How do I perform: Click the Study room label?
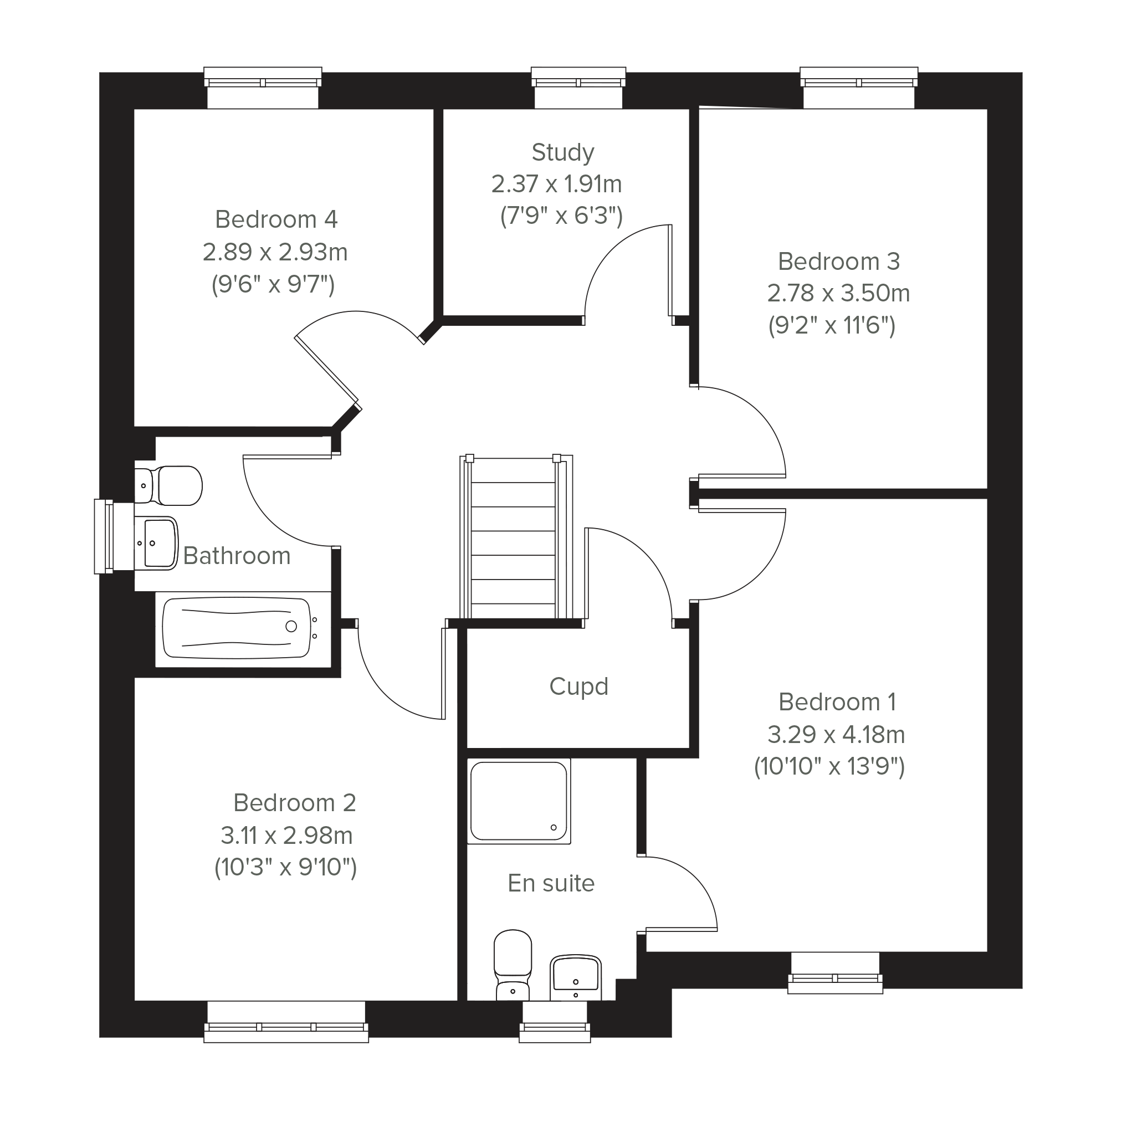coord(563,153)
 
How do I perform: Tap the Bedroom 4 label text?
coord(276,219)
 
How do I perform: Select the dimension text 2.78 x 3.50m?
coord(838,293)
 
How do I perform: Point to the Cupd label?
coord(578,686)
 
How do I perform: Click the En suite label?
coord(551,883)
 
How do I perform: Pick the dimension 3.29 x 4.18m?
coord(836,735)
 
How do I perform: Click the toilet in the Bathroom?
coord(168,485)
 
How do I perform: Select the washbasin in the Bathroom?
coord(156,543)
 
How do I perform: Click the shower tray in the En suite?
coord(519,801)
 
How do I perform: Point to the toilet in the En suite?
coord(512,965)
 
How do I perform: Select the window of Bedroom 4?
coord(263,88)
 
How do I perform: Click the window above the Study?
coord(578,88)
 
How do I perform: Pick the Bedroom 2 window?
coord(286,1021)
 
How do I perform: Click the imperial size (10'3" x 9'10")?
coord(286,868)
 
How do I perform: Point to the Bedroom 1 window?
coord(835,973)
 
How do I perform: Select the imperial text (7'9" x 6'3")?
coord(562,216)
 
